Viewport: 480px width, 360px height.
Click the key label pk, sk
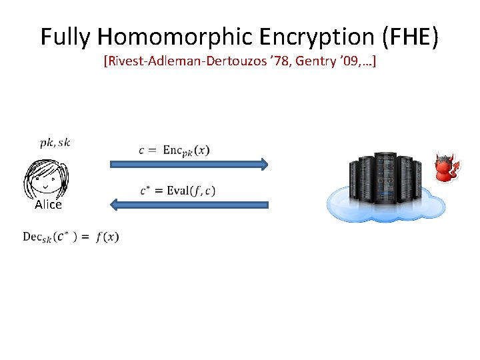tap(55, 142)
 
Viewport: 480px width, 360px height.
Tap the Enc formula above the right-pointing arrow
tap(174, 151)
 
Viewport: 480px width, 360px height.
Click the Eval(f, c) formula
tap(178, 191)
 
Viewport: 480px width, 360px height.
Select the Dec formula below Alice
tap(71, 237)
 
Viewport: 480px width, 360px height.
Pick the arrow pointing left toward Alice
tap(189, 204)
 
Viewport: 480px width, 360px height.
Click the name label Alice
tap(48, 205)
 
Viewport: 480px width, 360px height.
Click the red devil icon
tap(445, 169)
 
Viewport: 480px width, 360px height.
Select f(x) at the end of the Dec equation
tap(107, 237)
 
